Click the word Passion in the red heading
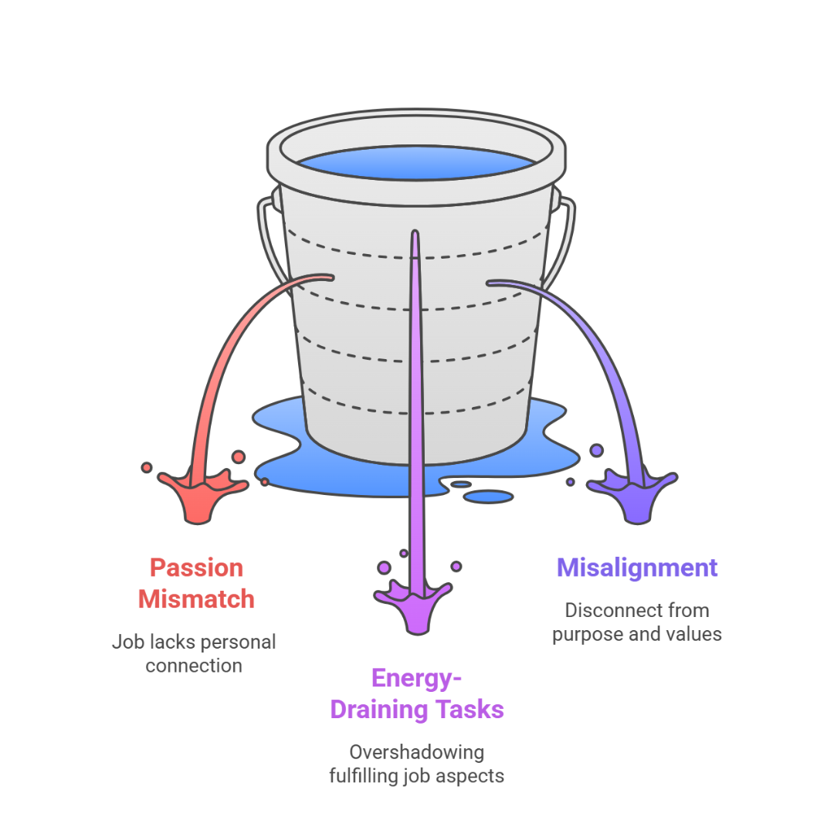point(196,568)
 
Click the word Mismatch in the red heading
point(196,598)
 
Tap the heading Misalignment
point(637,568)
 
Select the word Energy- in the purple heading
point(417,678)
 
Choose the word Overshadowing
point(417,752)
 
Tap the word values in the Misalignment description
point(697,635)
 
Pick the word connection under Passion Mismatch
point(193,666)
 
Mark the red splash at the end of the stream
point(199,494)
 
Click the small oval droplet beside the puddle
point(488,497)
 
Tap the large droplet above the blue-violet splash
point(596,449)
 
